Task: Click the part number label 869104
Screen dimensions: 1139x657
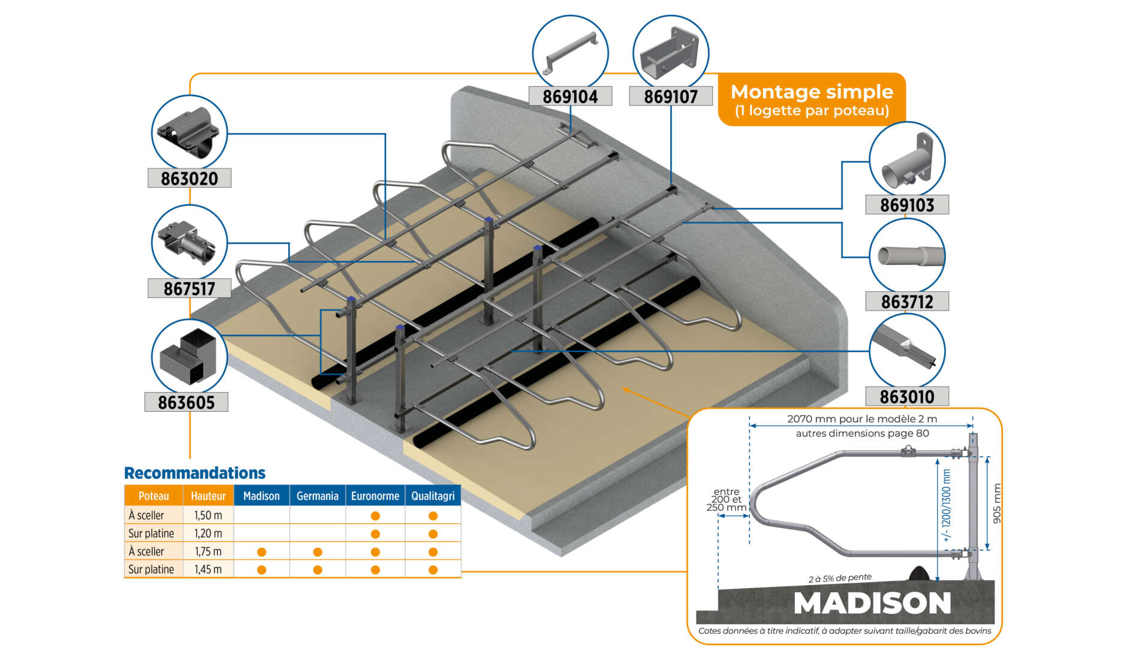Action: (570, 96)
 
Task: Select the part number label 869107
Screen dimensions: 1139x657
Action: (671, 96)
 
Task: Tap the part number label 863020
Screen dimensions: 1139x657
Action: (189, 178)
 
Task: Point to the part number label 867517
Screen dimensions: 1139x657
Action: (189, 288)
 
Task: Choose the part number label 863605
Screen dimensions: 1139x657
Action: (186, 402)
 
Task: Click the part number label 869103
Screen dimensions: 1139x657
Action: (907, 205)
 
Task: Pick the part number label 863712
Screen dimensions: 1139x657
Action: (907, 302)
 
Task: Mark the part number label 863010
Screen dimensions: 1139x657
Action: (907, 396)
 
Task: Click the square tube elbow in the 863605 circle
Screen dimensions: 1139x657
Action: (188, 357)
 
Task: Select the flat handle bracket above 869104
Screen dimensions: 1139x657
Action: (571, 53)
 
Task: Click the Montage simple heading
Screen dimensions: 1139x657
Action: (812, 92)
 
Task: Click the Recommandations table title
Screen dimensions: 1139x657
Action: (195, 473)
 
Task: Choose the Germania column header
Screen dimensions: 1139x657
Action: (317, 496)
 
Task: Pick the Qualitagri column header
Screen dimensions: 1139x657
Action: (433, 496)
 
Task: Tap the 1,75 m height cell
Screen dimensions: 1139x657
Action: (208, 551)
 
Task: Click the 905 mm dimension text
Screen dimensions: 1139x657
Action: (997, 503)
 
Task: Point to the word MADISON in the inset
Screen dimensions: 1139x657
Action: (872, 603)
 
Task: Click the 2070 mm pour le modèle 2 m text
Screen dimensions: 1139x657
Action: (862, 419)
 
